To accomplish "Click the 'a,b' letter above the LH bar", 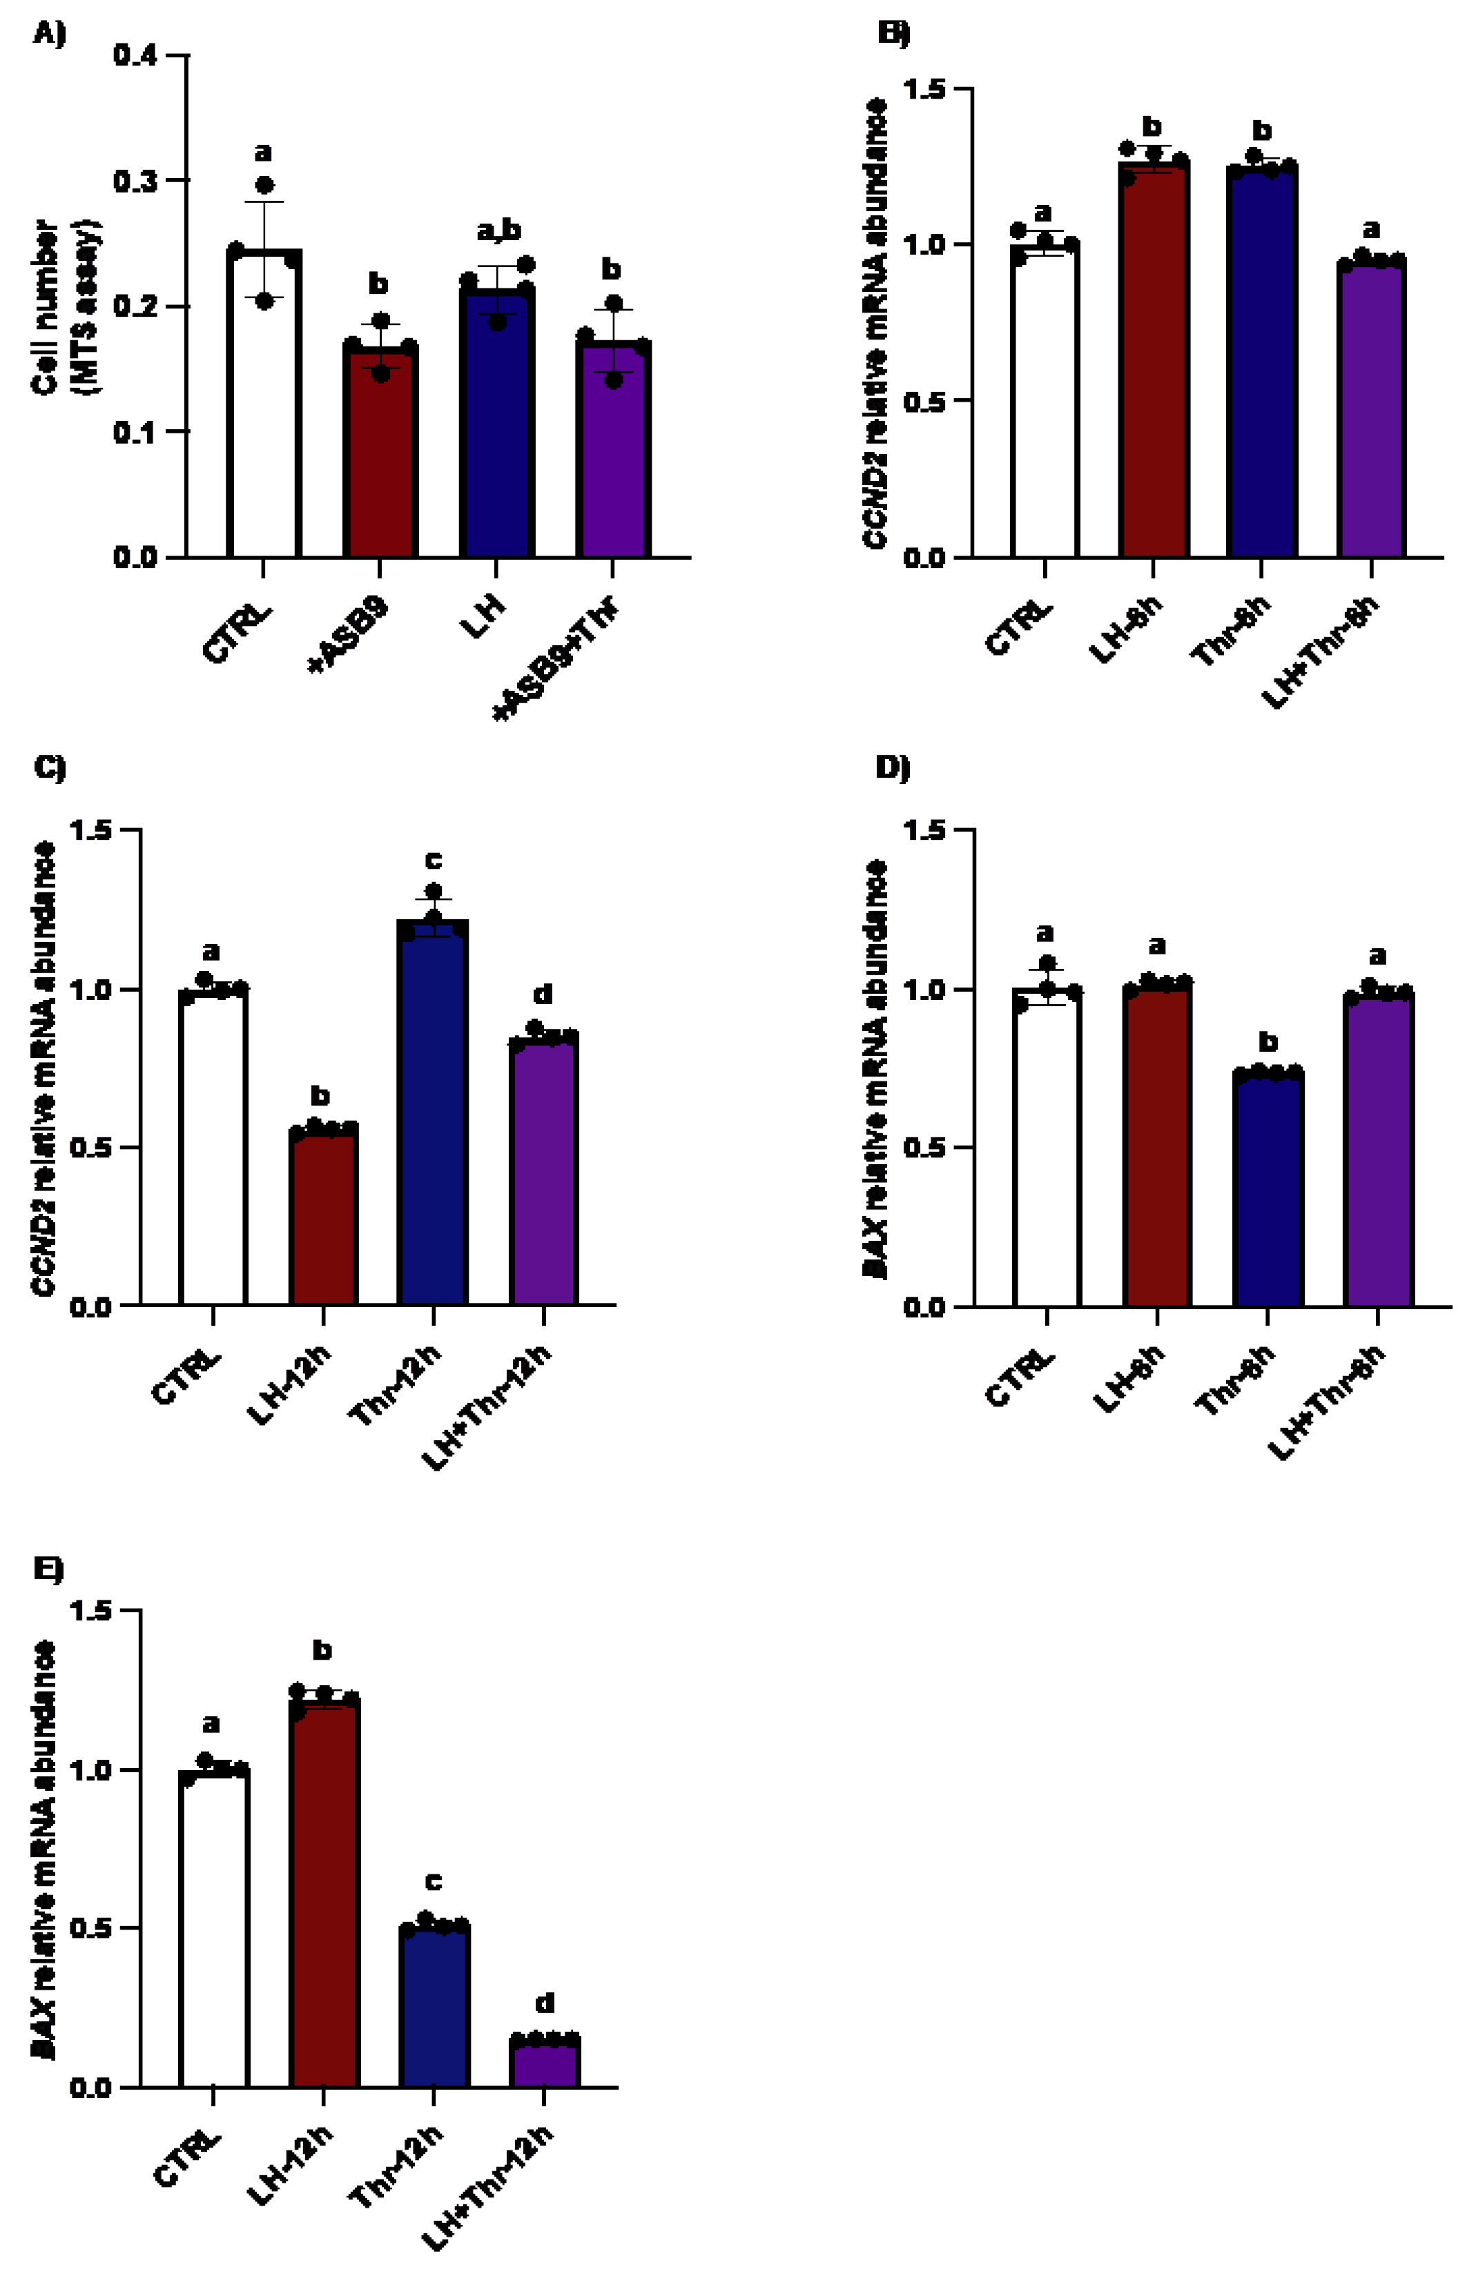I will pos(498,230).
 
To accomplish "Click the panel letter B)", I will pos(893,32).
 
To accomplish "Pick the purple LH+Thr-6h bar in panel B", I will pos(1372,411).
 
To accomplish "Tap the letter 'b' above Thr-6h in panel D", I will pos(1268,1041).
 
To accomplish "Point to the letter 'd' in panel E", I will pos(544,2003).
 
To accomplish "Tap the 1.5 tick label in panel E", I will pos(91,1611).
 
